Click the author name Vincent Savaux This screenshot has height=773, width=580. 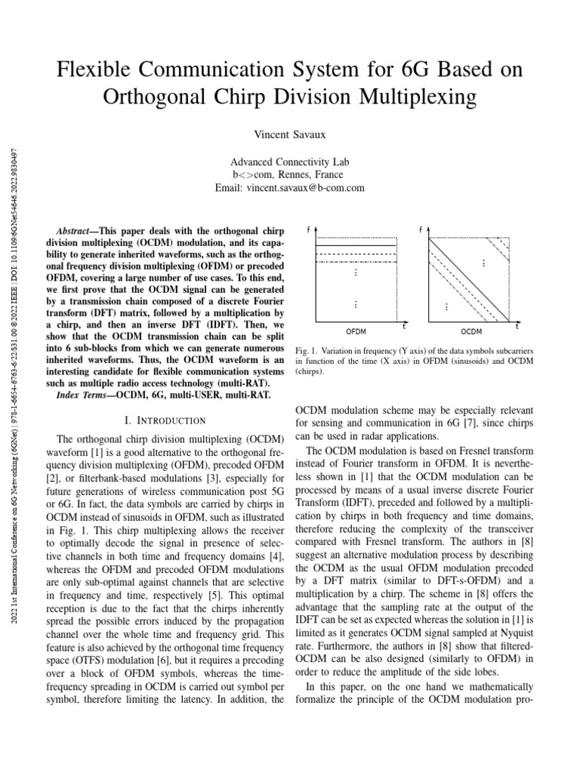coord(290,134)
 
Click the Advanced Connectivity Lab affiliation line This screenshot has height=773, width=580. coord(290,162)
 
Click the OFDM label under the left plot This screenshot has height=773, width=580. coord(356,331)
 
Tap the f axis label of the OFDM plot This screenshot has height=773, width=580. coord(308,228)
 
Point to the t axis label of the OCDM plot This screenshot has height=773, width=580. coord(517,326)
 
